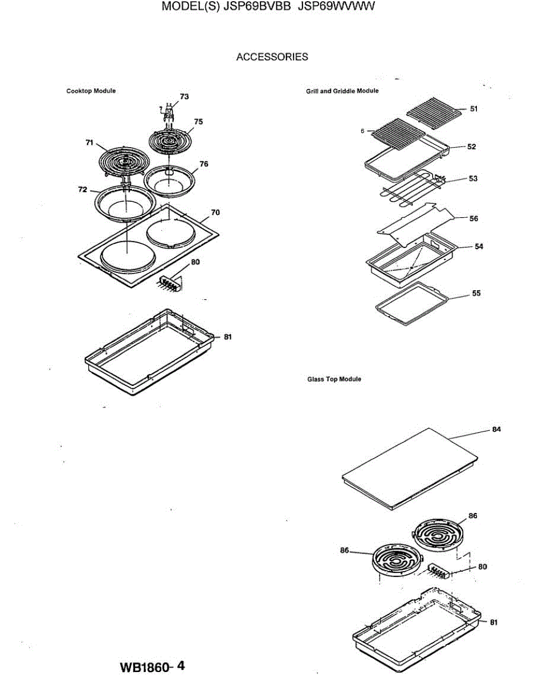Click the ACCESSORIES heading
272,57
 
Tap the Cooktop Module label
91,91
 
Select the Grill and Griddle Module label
342,91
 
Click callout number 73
184,97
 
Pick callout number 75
198,121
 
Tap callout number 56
473,218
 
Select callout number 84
497,430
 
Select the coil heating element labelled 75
170,140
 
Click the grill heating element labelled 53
411,190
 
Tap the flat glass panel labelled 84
409,467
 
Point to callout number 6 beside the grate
362,131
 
